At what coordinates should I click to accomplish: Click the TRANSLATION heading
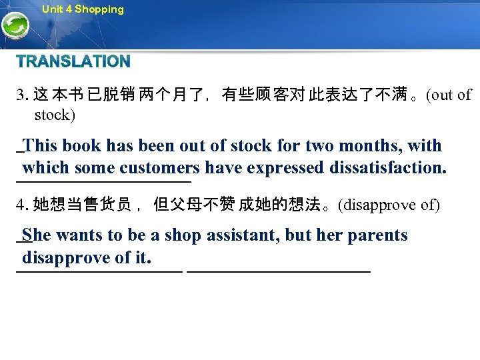[x=73, y=62]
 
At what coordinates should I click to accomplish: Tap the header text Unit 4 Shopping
[x=83, y=9]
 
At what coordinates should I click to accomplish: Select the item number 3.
[x=22, y=95]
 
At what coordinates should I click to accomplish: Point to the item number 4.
[x=22, y=205]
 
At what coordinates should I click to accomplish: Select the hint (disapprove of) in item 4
[x=389, y=205]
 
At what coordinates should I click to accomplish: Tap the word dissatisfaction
[x=388, y=167]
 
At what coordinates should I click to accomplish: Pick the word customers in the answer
[x=160, y=167]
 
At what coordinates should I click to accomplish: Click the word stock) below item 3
[x=55, y=115]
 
